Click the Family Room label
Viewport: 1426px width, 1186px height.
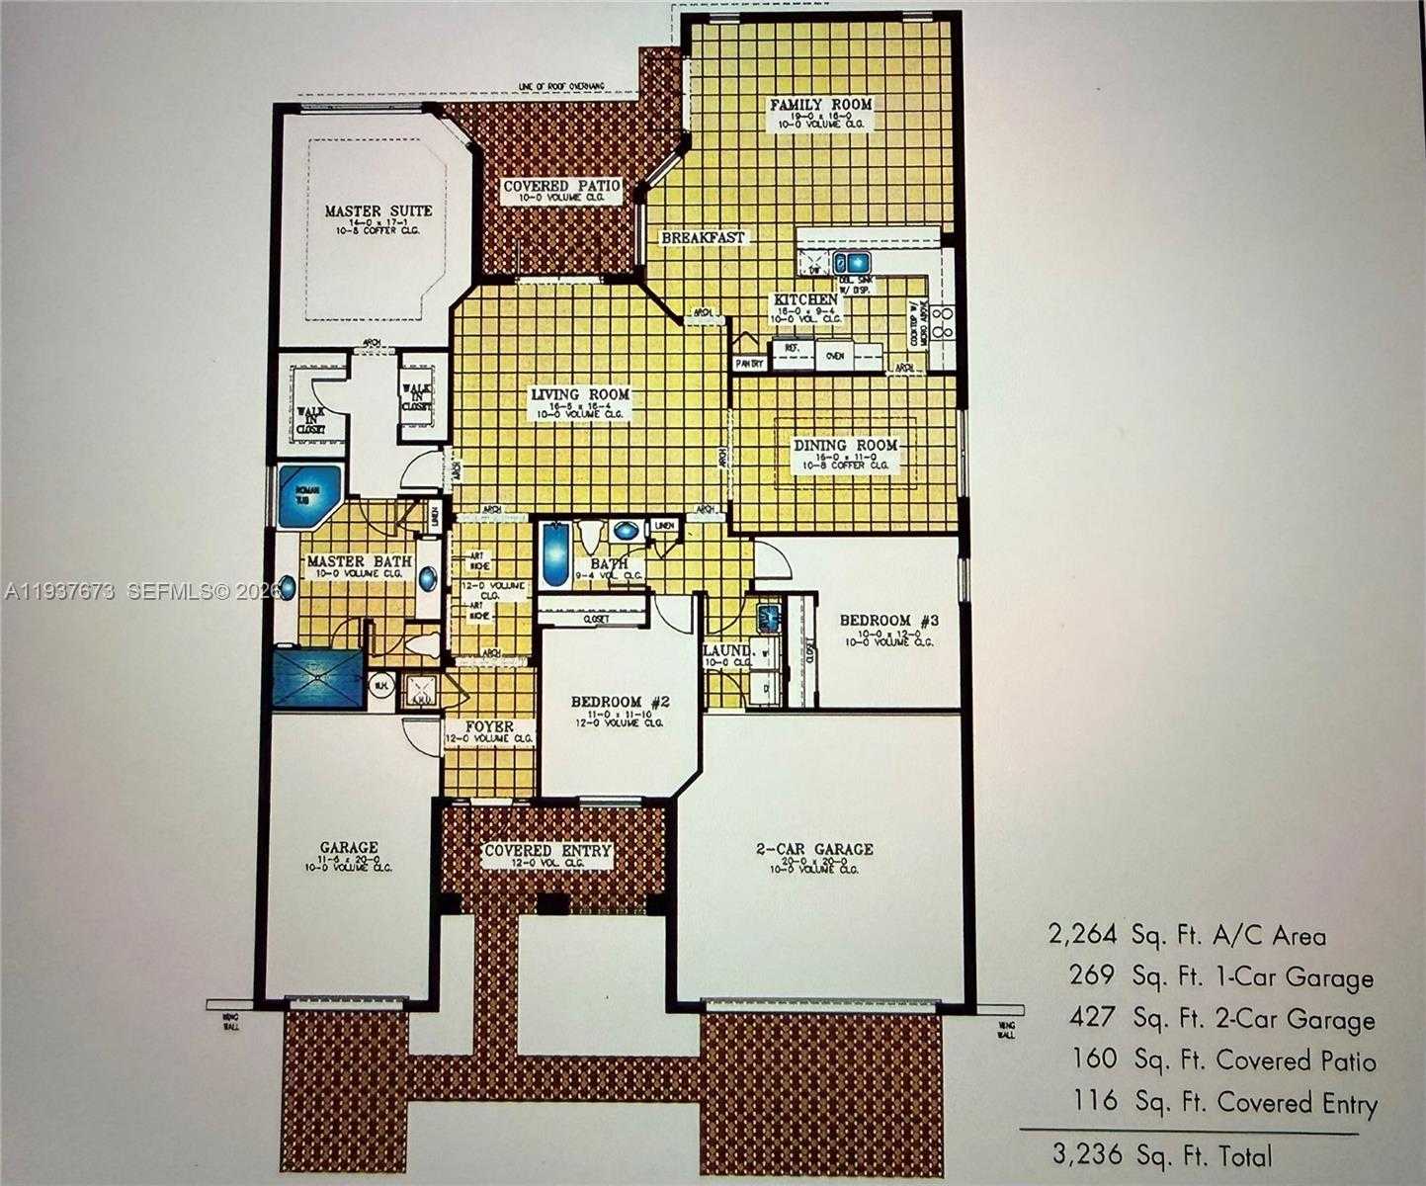820,105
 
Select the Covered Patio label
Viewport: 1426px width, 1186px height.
561,186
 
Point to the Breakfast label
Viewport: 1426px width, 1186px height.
703,238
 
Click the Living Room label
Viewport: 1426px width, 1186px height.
580,394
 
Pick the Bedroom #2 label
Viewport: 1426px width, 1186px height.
621,702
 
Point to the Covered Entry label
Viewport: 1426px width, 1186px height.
546,851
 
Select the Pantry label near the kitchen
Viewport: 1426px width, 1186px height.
749,364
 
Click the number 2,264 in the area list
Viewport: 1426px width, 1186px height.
1082,934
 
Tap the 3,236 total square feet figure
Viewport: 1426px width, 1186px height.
1083,1155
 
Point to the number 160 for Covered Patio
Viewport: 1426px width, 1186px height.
1094,1059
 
